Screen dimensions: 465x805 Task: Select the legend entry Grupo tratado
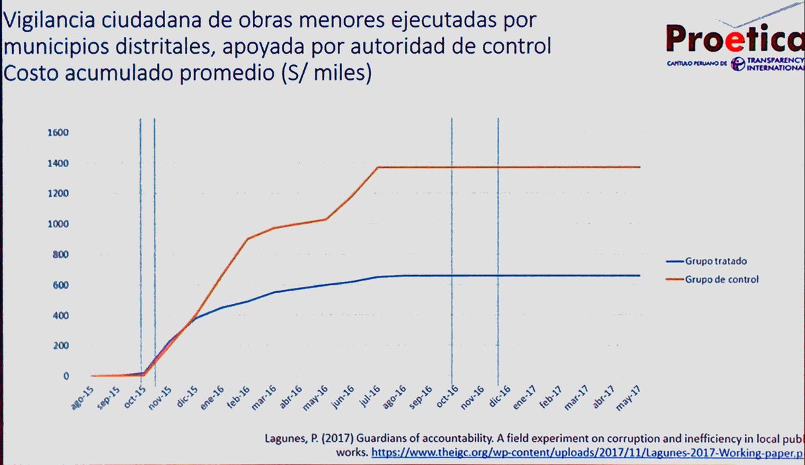pos(716,260)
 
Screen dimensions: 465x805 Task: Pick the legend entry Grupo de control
pos(721,279)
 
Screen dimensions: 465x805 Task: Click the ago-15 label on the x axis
pos(86,393)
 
